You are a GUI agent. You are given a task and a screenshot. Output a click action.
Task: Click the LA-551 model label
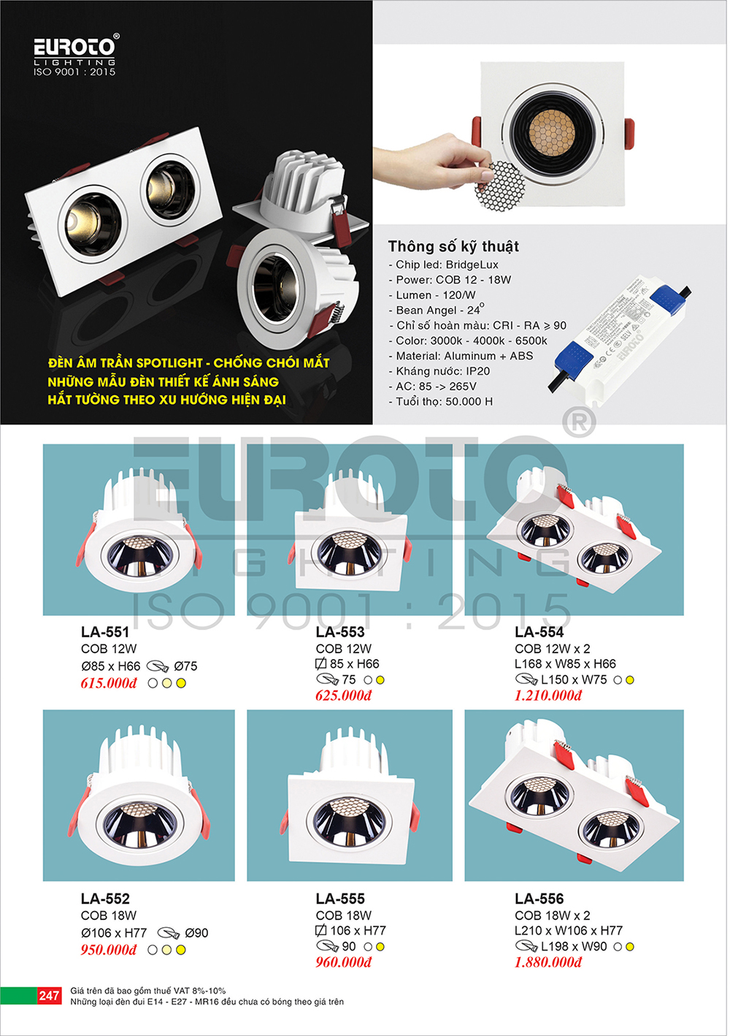coord(105,632)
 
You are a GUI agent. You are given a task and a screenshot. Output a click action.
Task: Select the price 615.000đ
coord(109,683)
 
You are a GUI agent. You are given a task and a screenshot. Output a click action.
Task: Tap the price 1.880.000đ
coord(548,962)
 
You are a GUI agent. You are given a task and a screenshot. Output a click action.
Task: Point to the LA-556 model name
coord(539,899)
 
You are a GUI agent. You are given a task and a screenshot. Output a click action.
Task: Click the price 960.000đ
coord(344,962)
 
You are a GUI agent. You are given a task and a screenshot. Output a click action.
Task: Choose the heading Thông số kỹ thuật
coord(453,246)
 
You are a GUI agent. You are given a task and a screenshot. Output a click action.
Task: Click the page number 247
coord(48,995)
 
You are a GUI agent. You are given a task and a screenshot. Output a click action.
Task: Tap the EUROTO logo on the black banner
coord(75,54)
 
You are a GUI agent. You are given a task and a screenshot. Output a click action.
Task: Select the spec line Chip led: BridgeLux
coord(444,264)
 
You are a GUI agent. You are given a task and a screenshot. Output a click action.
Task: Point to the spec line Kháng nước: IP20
coord(440,371)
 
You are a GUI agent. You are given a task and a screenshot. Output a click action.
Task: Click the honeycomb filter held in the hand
coord(500,186)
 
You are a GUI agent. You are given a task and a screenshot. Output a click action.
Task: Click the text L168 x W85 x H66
coord(566,664)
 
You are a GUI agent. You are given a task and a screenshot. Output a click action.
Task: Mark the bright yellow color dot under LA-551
coord(181,683)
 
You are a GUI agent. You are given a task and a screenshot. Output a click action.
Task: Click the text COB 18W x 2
coord(553,915)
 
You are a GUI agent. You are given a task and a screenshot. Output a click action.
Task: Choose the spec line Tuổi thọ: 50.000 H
coord(441,401)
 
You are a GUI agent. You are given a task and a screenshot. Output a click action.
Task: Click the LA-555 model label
coord(340,899)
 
